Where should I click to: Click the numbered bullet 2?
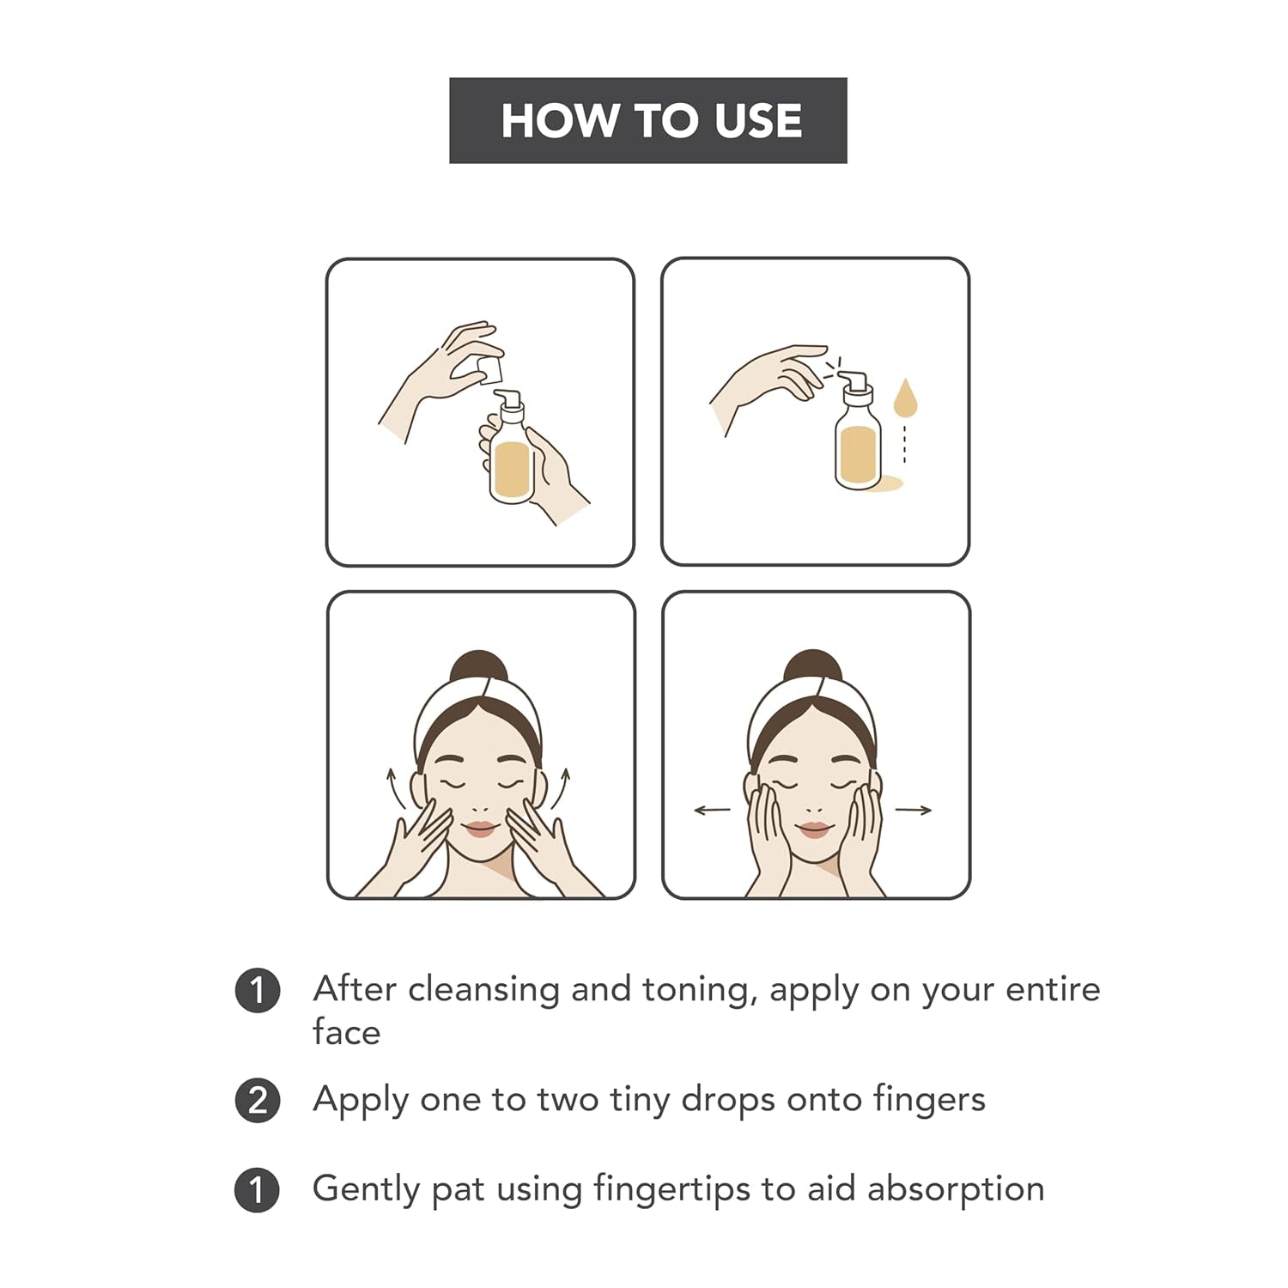pyautogui.click(x=258, y=1100)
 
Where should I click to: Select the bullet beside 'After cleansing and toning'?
pyautogui.click(x=258, y=991)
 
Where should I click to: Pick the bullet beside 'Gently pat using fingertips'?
pyautogui.click(x=258, y=1190)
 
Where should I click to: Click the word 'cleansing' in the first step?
pyautogui.click(x=484, y=990)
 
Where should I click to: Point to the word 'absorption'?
pyautogui.click(x=955, y=1190)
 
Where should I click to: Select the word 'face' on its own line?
pyautogui.click(x=346, y=1032)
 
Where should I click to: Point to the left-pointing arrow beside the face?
pyautogui.click(x=712, y=809)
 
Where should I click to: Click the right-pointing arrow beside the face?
pyautogui.click(x=914, y=809)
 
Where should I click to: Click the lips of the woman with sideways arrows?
pyautogui.click(x=815, y=829)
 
